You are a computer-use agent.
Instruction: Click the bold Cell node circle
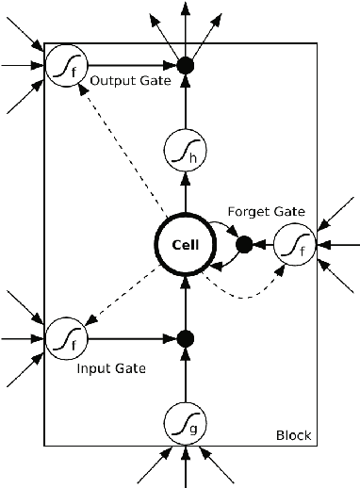186,245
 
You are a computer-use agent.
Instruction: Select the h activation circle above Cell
186,151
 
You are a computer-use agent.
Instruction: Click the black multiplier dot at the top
186,66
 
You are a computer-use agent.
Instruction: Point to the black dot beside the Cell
243,245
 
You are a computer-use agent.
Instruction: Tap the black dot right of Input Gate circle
186,337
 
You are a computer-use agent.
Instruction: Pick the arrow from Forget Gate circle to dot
262,245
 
